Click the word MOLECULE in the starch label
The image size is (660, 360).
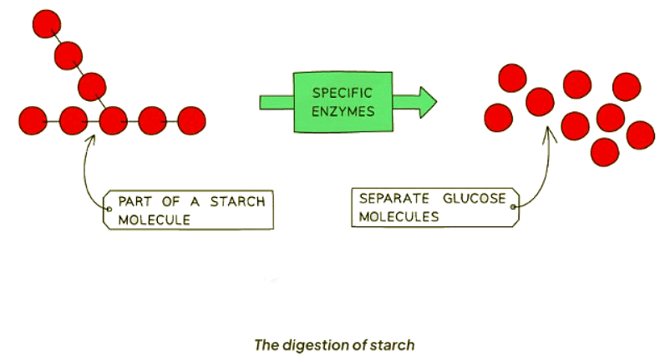(155, 220)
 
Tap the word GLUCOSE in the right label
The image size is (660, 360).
(475, 199)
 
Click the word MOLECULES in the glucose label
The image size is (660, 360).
(399, 216)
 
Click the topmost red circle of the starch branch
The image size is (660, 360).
(45, 24)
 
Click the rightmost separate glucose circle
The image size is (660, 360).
(640, 134)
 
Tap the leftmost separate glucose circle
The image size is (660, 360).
(499, 117)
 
